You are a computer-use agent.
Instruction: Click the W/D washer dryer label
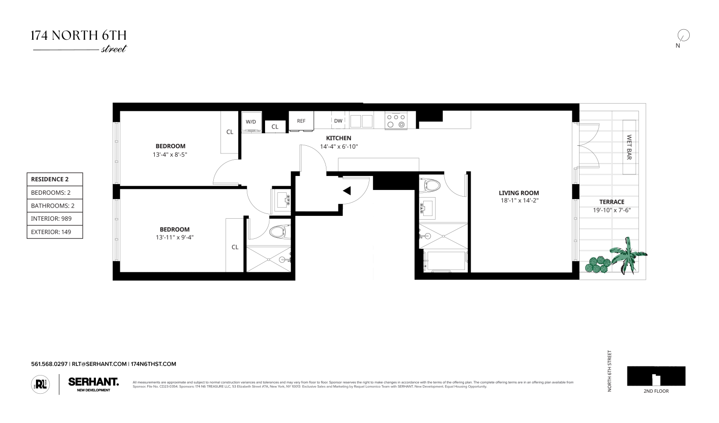click(x=251, y=122)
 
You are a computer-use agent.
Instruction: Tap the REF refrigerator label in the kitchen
click(x=301, y=121)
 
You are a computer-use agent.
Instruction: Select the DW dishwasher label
click(x=338, y=121)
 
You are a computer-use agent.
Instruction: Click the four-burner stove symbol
click(x=396, y=120)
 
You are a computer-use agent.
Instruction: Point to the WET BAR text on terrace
click(x=629, y=147)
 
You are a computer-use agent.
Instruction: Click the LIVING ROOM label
click(x=519, y=193)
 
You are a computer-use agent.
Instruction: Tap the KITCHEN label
click(x=339, y=138)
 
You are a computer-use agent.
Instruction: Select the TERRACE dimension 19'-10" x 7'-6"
click(x=612, y=210)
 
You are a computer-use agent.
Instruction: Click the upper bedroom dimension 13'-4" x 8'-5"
click(x=170, y=154)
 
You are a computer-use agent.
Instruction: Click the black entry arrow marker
click(x=347, y=191)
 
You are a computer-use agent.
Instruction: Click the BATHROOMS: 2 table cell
click(x=55, y=206)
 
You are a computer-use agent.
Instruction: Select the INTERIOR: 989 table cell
click(x=55, y=219)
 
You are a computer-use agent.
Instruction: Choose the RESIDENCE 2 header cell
click(x=55, y=179)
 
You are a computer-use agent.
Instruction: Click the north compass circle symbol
click(x=683, y=35)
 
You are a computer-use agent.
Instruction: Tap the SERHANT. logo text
click(x=93, y=382)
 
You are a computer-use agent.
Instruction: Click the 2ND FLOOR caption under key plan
click(x=656, y=391)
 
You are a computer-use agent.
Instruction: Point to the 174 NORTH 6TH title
click(x=79, y=35)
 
